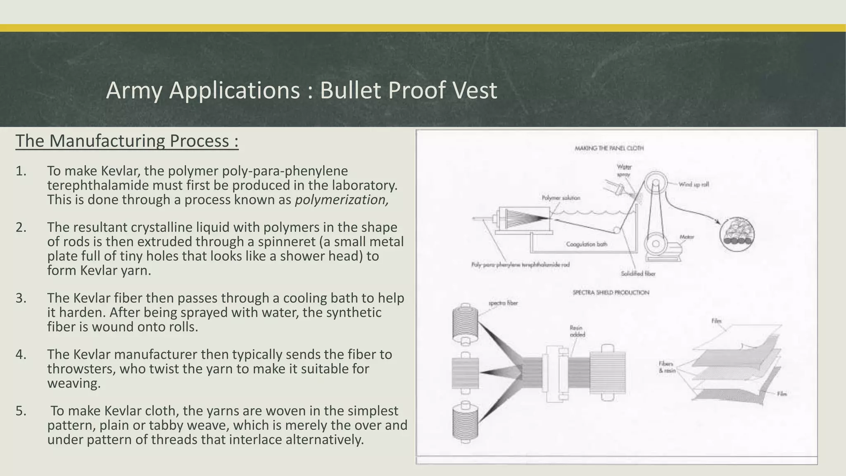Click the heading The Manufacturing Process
tap(127, 141)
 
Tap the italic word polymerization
tap(342, 200)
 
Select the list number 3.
tap(21, 298)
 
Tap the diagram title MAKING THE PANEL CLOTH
tap(609, 148)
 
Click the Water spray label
tap(624, 171)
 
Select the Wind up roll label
tap(694, 184)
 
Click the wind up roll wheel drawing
tap(655, 182)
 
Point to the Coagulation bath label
tap(587, 244)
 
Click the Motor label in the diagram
tap(687, 237)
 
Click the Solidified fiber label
tap(638, 274)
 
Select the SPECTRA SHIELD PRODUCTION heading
tap(611, 293)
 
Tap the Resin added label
tap(577, 331)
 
